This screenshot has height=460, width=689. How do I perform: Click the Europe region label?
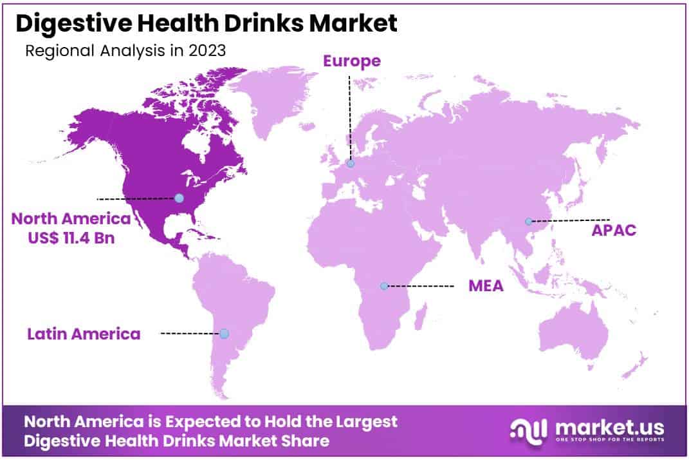point(351,61)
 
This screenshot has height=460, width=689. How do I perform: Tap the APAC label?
point(614,230)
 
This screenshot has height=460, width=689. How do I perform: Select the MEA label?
point(485,285)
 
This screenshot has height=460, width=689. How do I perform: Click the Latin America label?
point(84,334)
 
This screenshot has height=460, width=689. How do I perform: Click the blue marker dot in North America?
point(179,198)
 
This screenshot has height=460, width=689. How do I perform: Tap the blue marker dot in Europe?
point(351,164)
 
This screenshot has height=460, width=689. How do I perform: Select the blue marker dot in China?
point(528,221)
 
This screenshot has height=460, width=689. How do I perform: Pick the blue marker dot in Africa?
point(384,285)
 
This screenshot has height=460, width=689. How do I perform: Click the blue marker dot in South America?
point(224,334)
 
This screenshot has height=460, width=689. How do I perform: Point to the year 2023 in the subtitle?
point(208,51)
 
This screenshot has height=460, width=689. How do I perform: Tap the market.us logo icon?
point(529,429)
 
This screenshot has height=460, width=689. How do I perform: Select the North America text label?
point(71,219)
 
